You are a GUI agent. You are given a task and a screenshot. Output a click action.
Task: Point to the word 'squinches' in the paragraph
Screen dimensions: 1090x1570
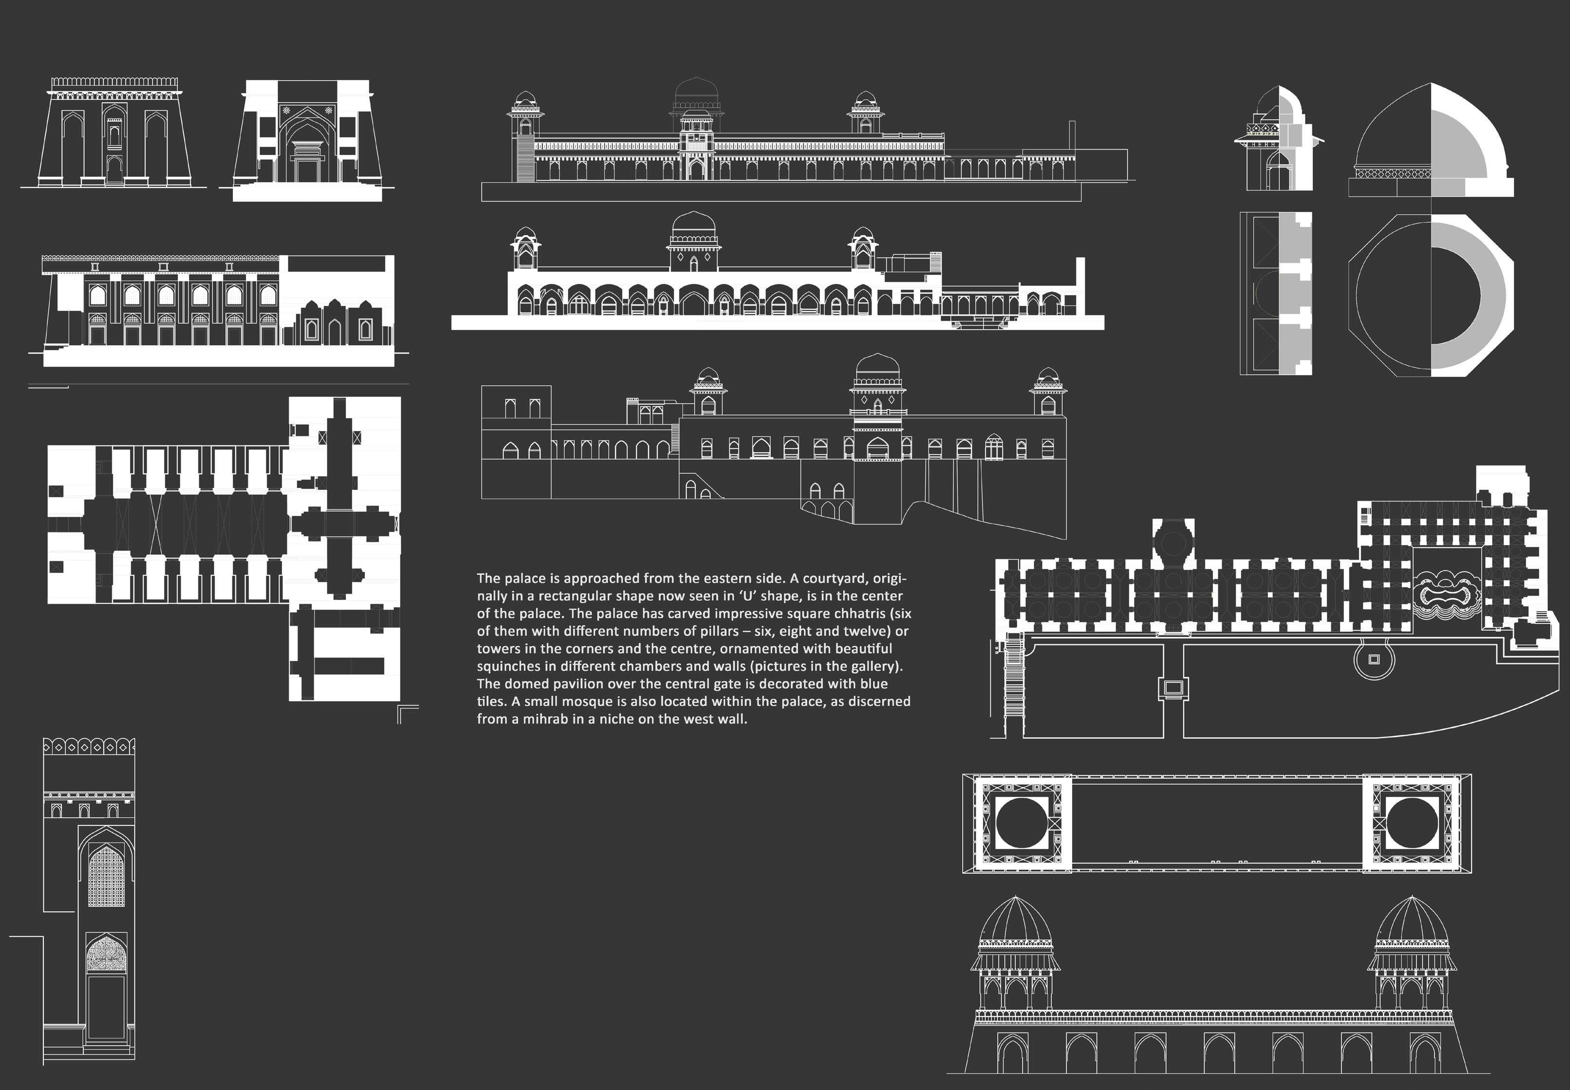pyautogui.click(x=507, y=666)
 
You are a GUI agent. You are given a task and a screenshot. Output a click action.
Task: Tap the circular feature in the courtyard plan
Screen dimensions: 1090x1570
pyautogui.click(x=1374, y=659)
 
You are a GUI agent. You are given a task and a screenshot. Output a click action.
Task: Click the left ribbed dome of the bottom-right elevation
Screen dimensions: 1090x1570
pyautogui.click(x=1016, y=921)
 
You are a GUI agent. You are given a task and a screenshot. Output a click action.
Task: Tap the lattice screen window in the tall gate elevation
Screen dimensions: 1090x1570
pyautogui.click(x=107, y=876)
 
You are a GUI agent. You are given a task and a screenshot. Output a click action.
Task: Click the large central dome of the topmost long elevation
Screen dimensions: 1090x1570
pyautogui.click(x=697, y=92)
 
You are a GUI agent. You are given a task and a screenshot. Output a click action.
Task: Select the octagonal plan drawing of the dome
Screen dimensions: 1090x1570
pyautogui.click(x=1431, y=295)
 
